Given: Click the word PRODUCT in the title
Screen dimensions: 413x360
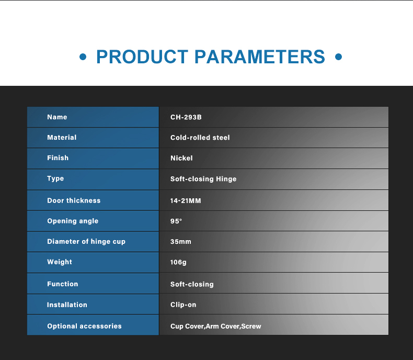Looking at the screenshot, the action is [x=142, y=57].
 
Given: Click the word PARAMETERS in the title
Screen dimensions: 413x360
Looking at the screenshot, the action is [x=260, y=57].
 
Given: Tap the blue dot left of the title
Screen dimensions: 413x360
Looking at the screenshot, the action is [x=83, y=57].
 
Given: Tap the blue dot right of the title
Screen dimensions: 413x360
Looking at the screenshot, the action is [x=338, y=57].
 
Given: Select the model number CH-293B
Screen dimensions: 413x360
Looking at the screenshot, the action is [x=186, y=117].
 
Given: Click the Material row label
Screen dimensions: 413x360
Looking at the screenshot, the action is [x=62, y=137].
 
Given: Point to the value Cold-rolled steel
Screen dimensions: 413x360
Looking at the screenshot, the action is [x=200, y=138].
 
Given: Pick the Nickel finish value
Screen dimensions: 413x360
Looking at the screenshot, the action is [x=181, y=158].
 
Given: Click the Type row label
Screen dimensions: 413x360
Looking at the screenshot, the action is [x=55, y=178].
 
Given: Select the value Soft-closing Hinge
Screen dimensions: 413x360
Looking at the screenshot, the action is [x=203, y=179].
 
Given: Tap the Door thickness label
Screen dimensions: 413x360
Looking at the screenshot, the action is [x=74, y=200].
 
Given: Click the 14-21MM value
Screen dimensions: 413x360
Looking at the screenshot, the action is [x=186, y=201].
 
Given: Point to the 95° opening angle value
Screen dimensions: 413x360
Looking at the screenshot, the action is [x=176, y=221].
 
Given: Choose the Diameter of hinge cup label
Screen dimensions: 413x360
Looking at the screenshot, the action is [x=86, y=241].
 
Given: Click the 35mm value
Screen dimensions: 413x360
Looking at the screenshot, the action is [x=181, y=242].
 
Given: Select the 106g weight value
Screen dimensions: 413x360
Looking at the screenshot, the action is [x=178, y=262].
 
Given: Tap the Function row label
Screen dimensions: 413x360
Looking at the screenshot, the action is [x=62, y=284].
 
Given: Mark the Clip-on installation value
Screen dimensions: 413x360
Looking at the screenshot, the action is [x=183, y=305].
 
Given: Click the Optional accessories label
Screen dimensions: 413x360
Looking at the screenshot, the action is [x=84, y=326].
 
